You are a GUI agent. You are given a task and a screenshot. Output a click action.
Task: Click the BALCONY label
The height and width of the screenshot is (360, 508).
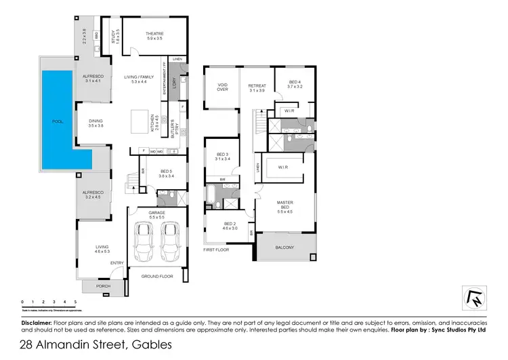284,247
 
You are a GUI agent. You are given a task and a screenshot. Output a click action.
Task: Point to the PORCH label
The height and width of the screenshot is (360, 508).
102,287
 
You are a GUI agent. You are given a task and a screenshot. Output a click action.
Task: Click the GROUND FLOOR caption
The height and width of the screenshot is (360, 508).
157,277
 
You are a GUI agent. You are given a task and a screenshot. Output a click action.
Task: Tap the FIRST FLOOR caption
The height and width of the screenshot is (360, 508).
216,250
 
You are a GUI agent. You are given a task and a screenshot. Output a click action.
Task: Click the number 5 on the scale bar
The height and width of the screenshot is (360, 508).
75,301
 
